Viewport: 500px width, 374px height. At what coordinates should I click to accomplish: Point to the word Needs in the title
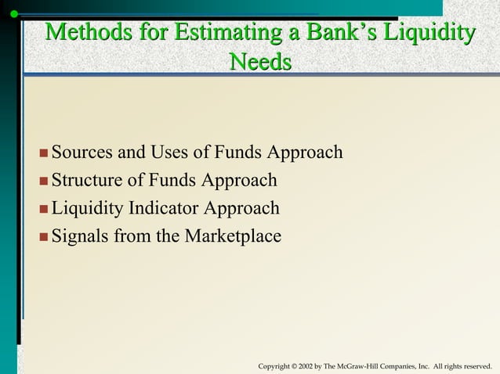pyautogui.click(x=260, y=61)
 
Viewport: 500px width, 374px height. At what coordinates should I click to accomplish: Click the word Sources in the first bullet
pyautogui.click(x=82, y=152)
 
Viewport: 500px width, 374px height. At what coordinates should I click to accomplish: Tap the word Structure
pyautogui.click(x=86, y=181)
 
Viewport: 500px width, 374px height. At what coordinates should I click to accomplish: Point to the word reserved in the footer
pyautogui.click(x=475, y=366)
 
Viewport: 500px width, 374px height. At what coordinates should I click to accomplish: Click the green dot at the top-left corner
pyautogui.click(x=14, y=13)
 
